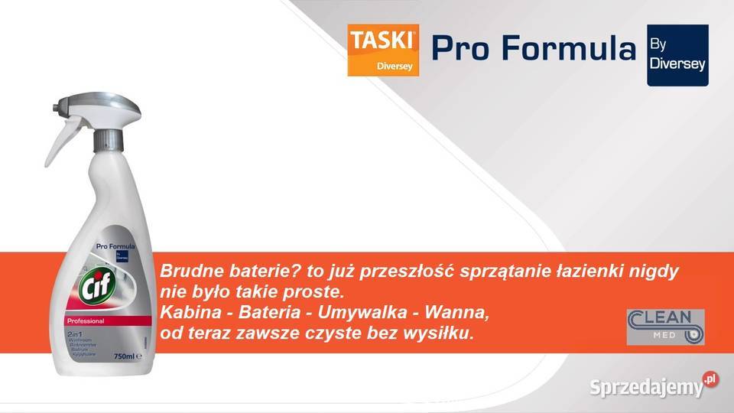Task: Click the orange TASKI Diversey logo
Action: coord(382,50)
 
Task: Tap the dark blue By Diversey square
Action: coord(677,54)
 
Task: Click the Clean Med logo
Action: coord(665,327)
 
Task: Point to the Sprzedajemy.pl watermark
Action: coord(654,386)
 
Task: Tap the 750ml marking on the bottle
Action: coord(124,356)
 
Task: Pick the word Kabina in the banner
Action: coord(184,313)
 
